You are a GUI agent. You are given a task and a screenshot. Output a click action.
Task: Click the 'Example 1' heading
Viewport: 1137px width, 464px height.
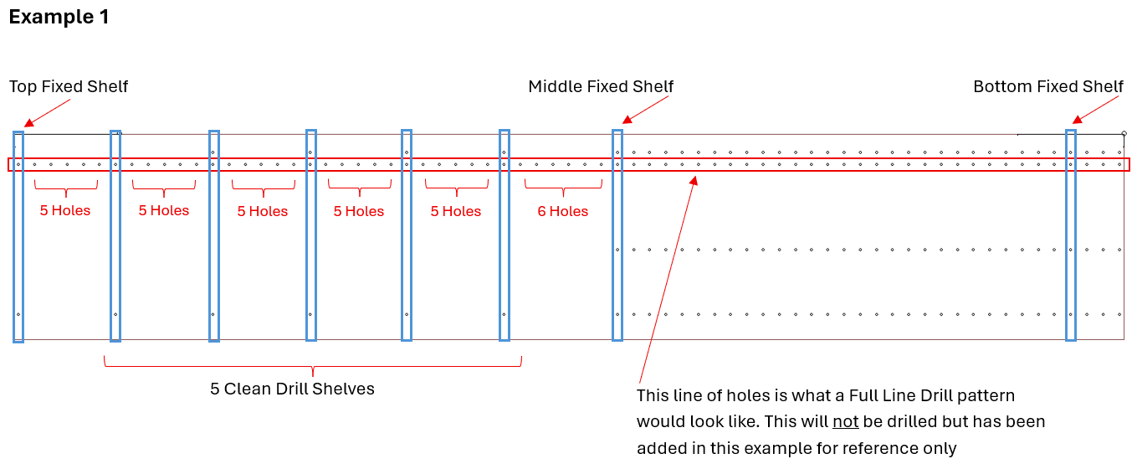(59, 17)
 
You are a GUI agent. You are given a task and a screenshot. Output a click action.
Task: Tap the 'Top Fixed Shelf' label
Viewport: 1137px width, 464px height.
(69, 86)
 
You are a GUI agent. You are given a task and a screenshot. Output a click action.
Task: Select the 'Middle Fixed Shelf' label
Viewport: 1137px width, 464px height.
(601, 86)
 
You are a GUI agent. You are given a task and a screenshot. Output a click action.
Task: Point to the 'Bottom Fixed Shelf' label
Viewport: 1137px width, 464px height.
(1048, 86)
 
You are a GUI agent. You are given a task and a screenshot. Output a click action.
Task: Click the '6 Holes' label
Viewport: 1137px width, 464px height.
(563, 211)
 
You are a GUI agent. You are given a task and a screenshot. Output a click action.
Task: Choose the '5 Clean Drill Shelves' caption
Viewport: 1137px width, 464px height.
(292, 389)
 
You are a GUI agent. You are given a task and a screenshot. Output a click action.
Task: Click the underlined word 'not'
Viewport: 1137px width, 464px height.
(846, 421)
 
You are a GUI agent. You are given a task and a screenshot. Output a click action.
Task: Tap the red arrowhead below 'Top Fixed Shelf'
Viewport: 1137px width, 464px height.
(29, 122)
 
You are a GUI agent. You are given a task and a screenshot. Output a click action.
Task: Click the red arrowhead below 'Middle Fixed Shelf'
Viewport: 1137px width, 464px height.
(627, 120)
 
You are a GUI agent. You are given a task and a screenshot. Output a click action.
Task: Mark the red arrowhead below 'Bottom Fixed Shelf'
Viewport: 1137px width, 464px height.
(1077, 120)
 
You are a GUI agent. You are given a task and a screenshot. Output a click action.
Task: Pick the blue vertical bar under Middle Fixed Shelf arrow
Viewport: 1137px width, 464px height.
(617, 235)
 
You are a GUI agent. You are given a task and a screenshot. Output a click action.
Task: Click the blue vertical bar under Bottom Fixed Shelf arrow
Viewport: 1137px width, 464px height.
(1071, 235)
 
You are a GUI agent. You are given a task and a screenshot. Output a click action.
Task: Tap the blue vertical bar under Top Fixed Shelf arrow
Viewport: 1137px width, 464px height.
(18, 237)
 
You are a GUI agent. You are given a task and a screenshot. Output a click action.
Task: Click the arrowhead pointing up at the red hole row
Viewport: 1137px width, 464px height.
(694, 181)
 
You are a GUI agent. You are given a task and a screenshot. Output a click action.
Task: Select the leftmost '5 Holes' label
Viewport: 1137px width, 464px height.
(65, 210)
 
